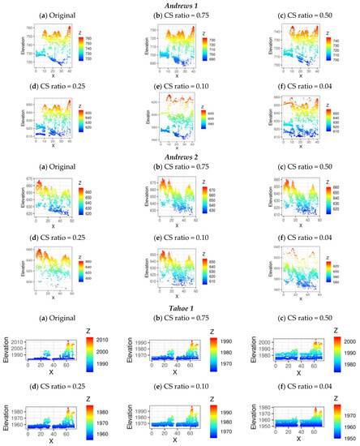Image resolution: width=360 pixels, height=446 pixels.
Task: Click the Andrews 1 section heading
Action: (x=181, y=5)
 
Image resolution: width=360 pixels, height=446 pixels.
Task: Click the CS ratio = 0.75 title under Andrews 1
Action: (x=180, y=15)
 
